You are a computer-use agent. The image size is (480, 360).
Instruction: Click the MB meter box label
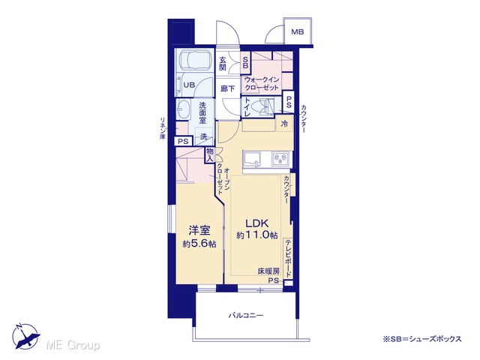point(297,31)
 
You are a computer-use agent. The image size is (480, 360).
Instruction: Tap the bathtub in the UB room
point(195,60)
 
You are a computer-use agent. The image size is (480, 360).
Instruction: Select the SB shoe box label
point(246,63)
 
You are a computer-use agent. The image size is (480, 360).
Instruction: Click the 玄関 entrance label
point(223,64)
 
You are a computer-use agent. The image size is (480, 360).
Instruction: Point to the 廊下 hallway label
point(228,88)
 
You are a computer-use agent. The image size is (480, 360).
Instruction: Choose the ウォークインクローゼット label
point(262,83)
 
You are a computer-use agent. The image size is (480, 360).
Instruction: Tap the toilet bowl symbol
point(265,106)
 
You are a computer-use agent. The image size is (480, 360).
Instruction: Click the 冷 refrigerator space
point(284,124)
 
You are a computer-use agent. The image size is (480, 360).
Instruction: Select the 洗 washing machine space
point(204,136)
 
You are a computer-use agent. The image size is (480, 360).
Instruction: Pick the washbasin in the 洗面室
point(183,109)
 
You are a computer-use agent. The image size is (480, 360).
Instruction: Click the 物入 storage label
point(210,155)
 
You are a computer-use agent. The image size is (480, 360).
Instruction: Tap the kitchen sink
point(252,160)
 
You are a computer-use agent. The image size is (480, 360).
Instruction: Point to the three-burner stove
point(280,159)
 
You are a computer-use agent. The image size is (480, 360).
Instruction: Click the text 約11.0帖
point(256,235)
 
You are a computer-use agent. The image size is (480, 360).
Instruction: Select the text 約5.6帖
point(199,244)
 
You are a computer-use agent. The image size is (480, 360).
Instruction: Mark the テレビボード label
point(288,258)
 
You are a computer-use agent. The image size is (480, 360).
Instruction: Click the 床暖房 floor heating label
point(268,271)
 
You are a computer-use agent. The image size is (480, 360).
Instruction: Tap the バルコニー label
point(246,315)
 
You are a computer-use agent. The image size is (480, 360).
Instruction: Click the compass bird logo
point(25,336)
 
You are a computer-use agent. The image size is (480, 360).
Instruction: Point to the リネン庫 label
point(163,128)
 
